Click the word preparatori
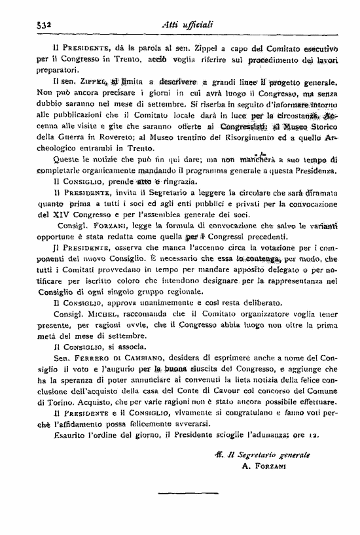click(x=57, y=69)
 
